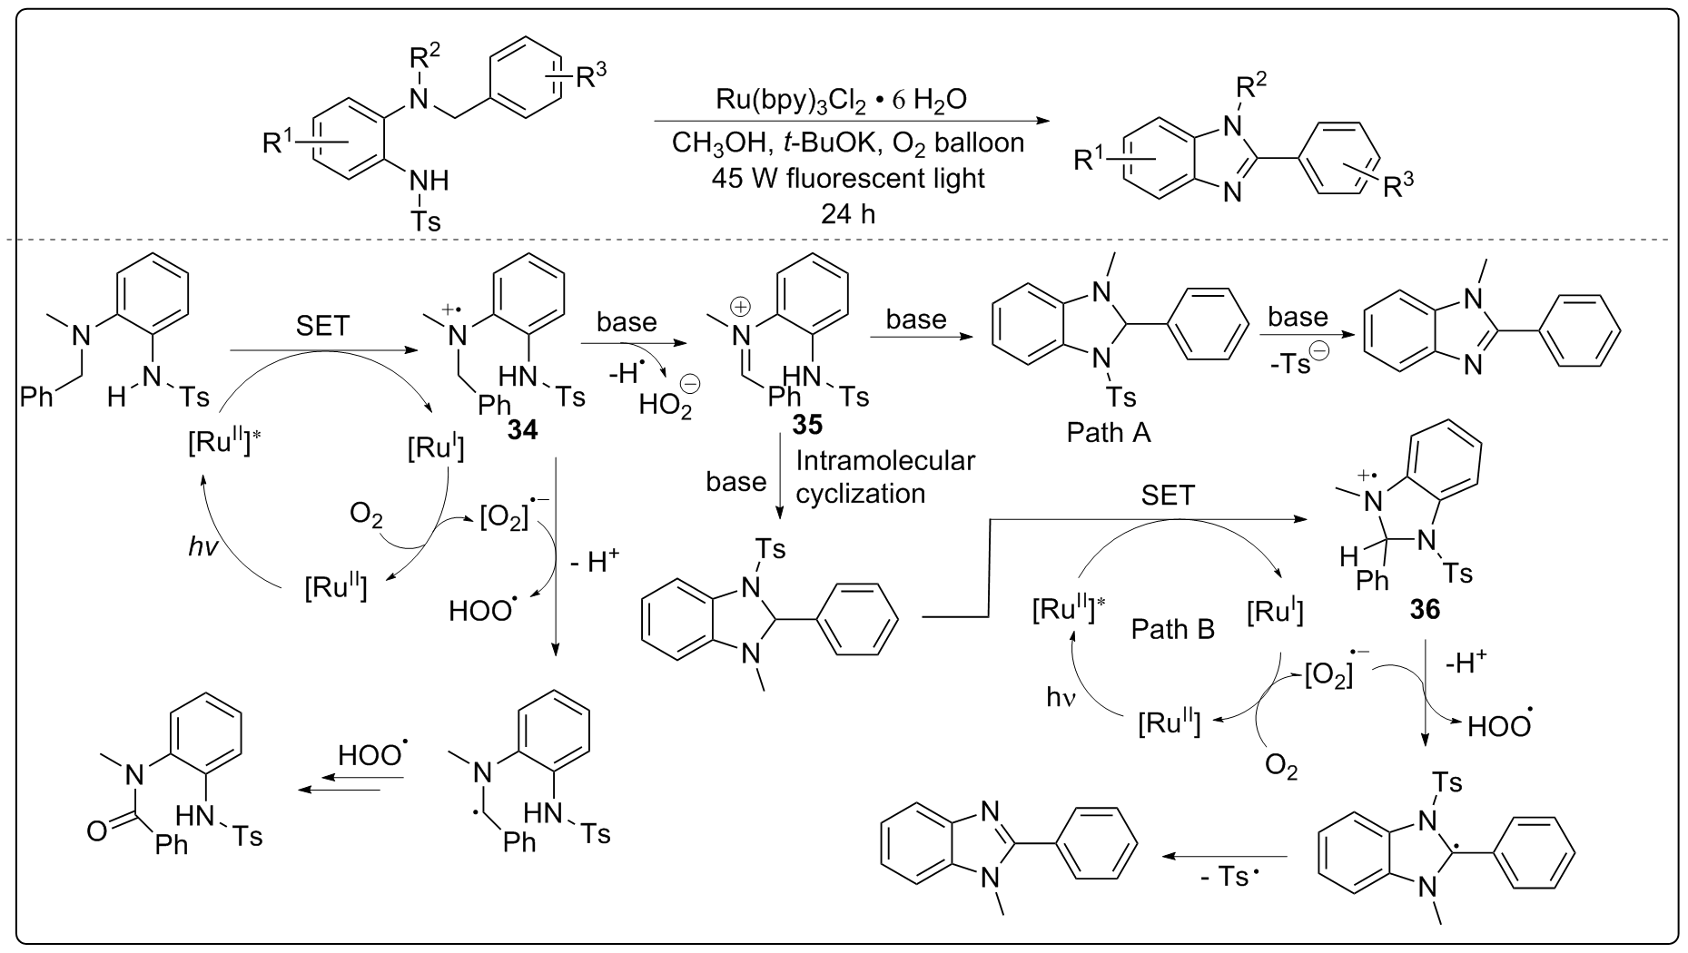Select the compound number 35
[x=809, y=424]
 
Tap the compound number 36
[x=1424, y=610]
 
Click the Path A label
[x=1108, y=432]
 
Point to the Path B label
[x=1172, y=629]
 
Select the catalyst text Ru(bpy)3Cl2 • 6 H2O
[x=842, y=100]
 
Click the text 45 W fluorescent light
[x=848, y=178]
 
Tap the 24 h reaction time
[x=847, y=215]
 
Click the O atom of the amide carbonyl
[x=97, y=830]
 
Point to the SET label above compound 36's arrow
[x=1167, y=496]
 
